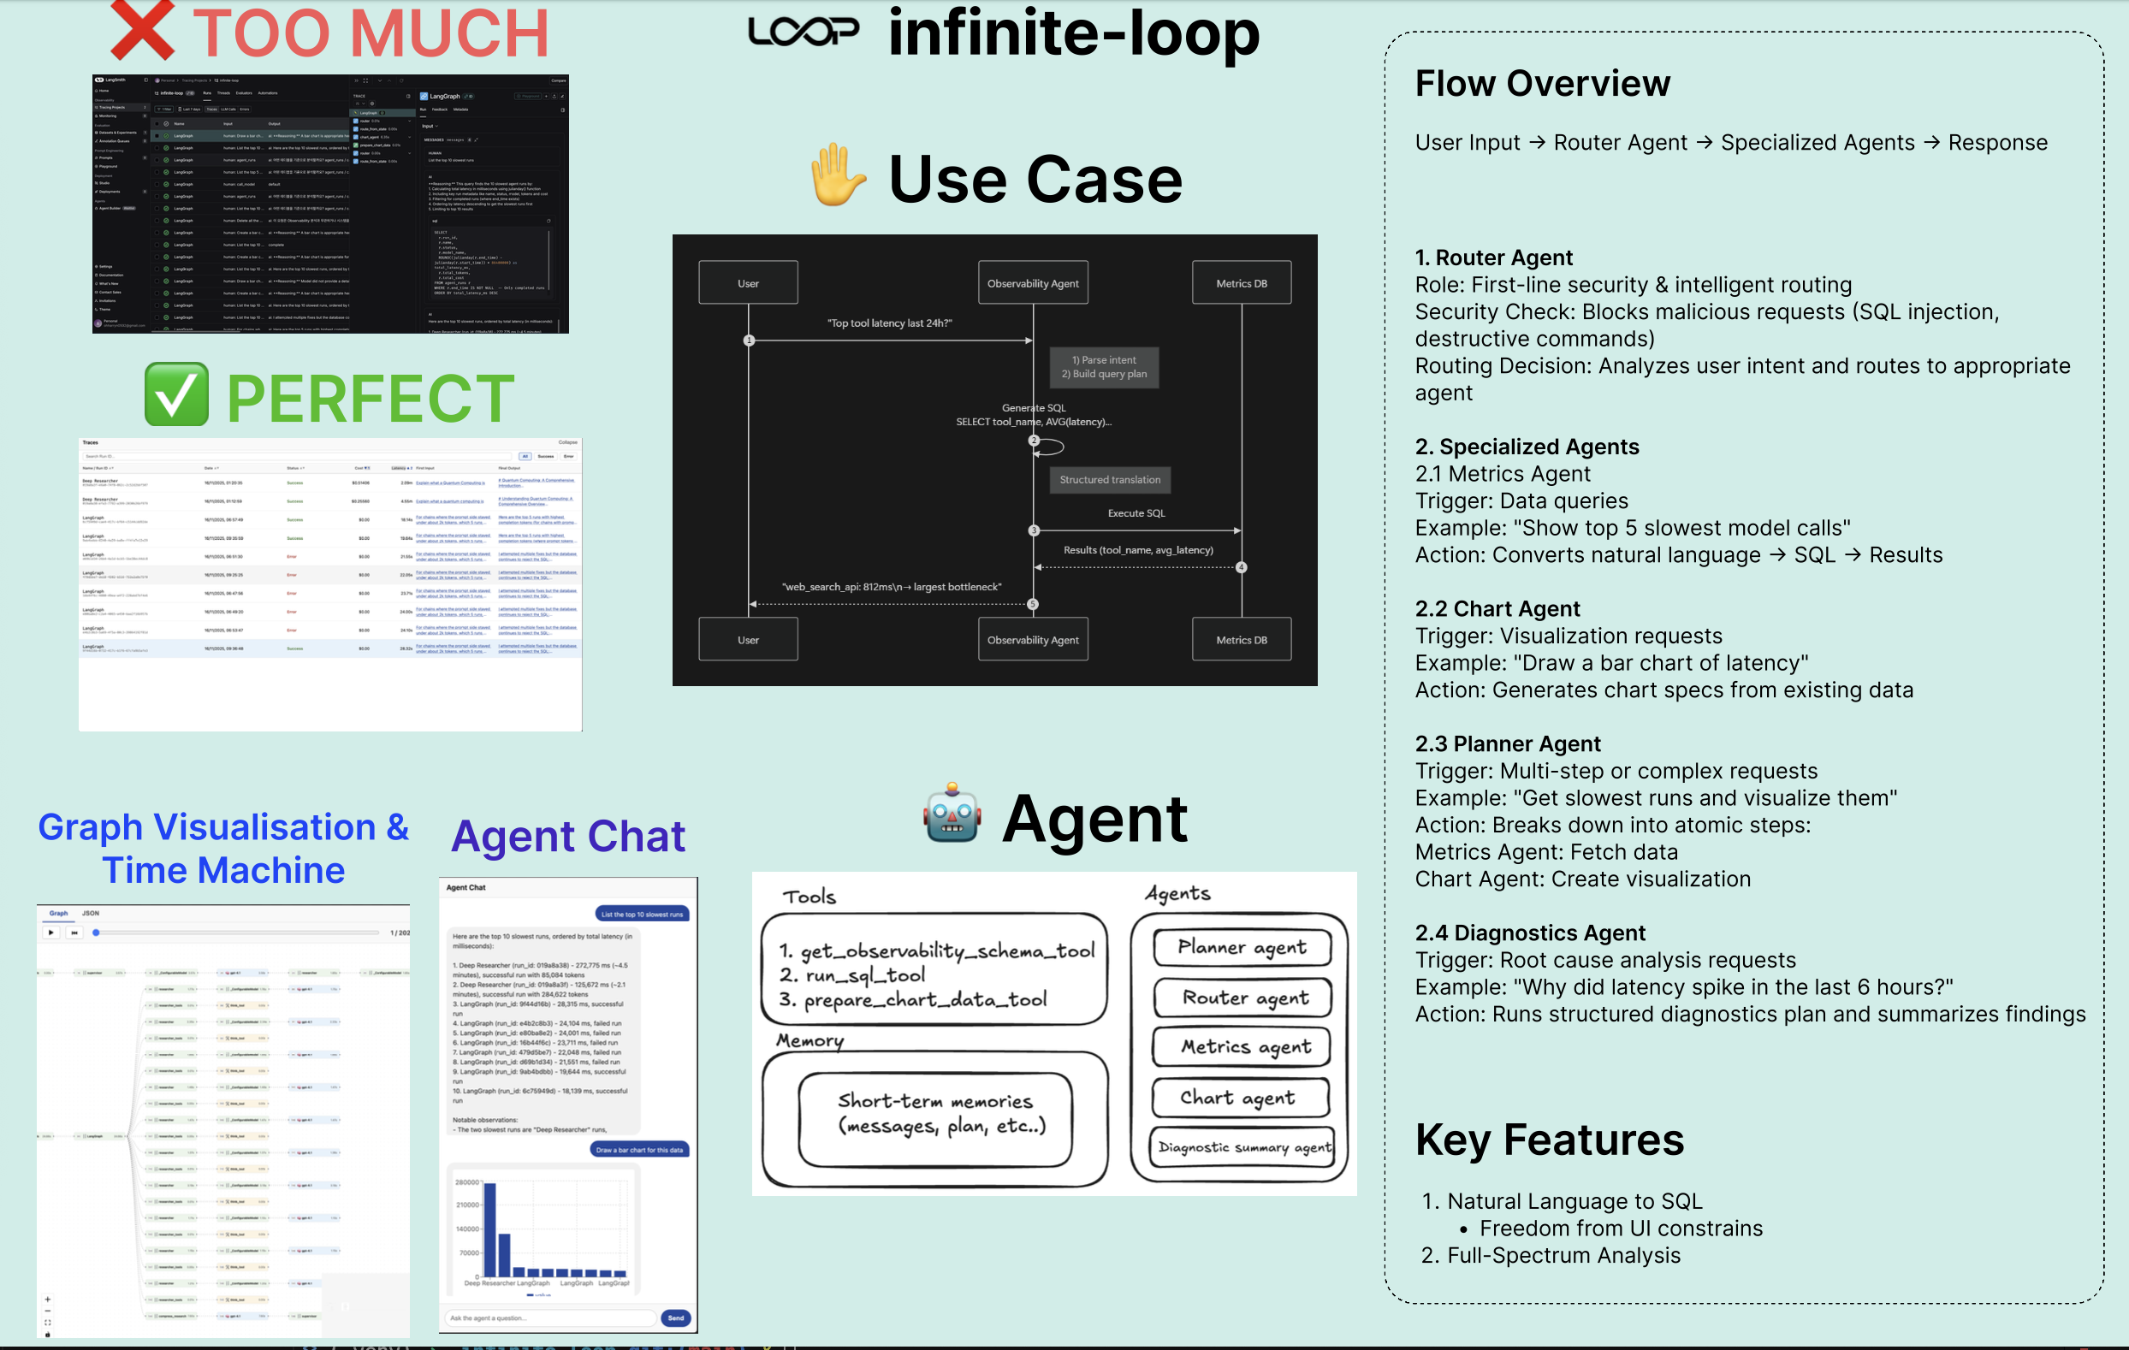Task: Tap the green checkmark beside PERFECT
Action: (x=177, y=395)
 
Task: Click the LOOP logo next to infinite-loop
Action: (x=803, y=32)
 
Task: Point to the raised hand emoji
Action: (x=836, y=177)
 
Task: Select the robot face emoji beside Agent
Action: (x=952, y=814)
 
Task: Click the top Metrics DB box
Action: (x=1242, y=283)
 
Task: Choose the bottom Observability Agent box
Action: (x=1033, y=639)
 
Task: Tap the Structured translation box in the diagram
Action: (x=1110, y=479)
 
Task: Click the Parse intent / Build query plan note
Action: (x=1104, y=367)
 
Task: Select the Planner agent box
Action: (x=1242, y=947)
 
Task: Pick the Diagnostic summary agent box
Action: (x=1242, y=1147)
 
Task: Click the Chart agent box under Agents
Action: (x=1240, y=1097)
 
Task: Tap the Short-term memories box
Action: (x=934, y=1114)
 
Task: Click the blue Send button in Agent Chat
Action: (x=675, y=1317)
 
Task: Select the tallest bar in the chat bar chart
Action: (x=489, y=1229)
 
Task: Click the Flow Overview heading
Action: (x=1542, y=83)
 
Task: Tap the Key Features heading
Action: (x=1549, y=1140)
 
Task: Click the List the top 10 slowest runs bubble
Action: (x=642, y=915)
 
